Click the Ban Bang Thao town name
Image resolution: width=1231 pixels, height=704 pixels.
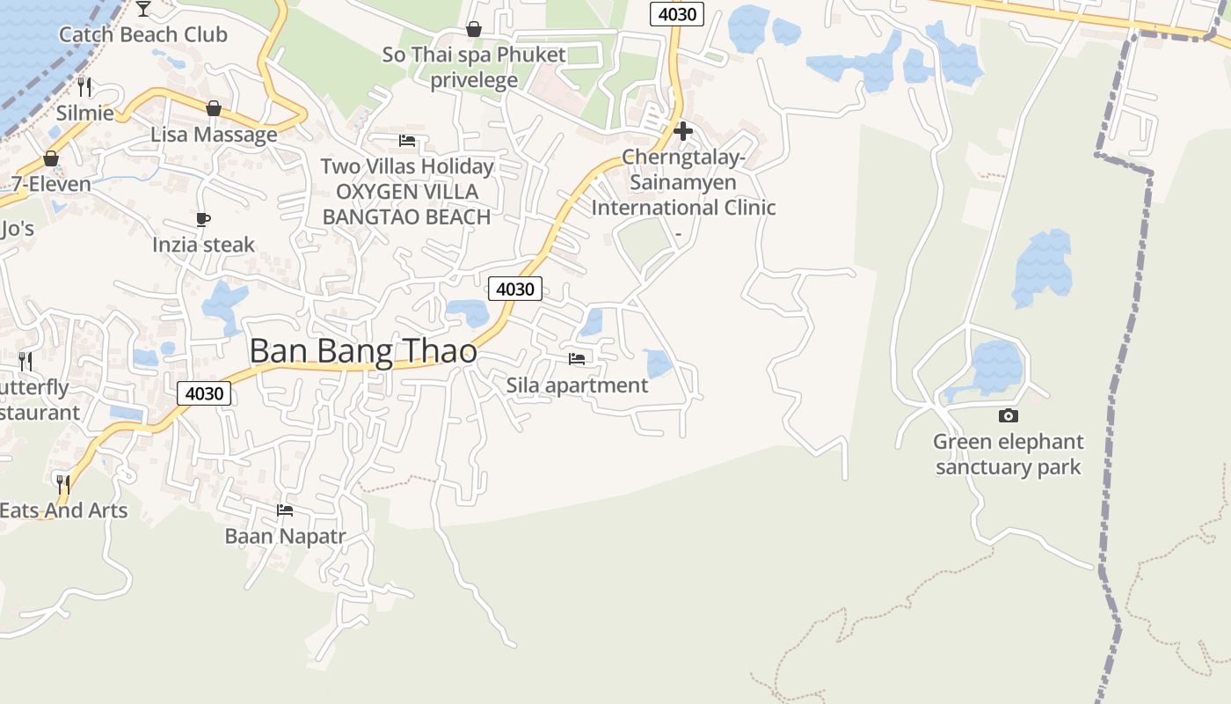click(x=363, y=351)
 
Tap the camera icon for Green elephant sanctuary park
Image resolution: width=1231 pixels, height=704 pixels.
click(x=1008, y=415)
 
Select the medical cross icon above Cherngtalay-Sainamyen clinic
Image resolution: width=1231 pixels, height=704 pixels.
click(x=682, y=131)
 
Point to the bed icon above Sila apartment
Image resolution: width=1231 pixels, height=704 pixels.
click(x=577, y=358)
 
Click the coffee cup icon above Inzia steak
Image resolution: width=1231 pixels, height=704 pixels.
click(x=203, y=219)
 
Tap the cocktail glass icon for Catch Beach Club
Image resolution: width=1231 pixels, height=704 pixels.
click(x=143, y=9)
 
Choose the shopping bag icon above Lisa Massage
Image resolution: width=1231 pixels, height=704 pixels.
click(x=213, y=108)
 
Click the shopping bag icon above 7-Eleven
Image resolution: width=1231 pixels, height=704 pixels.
click(x=51, y=158)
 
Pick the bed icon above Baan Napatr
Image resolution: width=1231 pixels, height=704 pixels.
click(x=284, y=510)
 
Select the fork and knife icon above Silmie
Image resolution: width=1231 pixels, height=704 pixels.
click(x=84, y=86)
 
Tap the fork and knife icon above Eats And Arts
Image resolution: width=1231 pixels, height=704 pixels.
click(x=62, y=484)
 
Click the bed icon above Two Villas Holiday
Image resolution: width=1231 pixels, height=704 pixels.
click(x=406, y=140)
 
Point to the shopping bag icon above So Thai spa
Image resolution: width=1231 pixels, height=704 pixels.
click(x=474, y=29)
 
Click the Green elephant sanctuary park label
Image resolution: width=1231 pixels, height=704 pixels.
click(x=1008, y=454)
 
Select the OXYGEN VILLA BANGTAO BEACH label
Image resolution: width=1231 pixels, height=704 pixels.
click(x=406, y=204)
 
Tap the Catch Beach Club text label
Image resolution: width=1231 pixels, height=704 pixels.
click(x=142, y=35)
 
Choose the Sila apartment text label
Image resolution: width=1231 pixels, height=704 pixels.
click(x=577, y=385)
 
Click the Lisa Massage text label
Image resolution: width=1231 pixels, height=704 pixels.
click(x=214, y=135)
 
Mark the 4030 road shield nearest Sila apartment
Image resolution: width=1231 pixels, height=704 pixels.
click(x=515, y=289)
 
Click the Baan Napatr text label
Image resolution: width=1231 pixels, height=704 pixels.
click(x=285, y=536)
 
